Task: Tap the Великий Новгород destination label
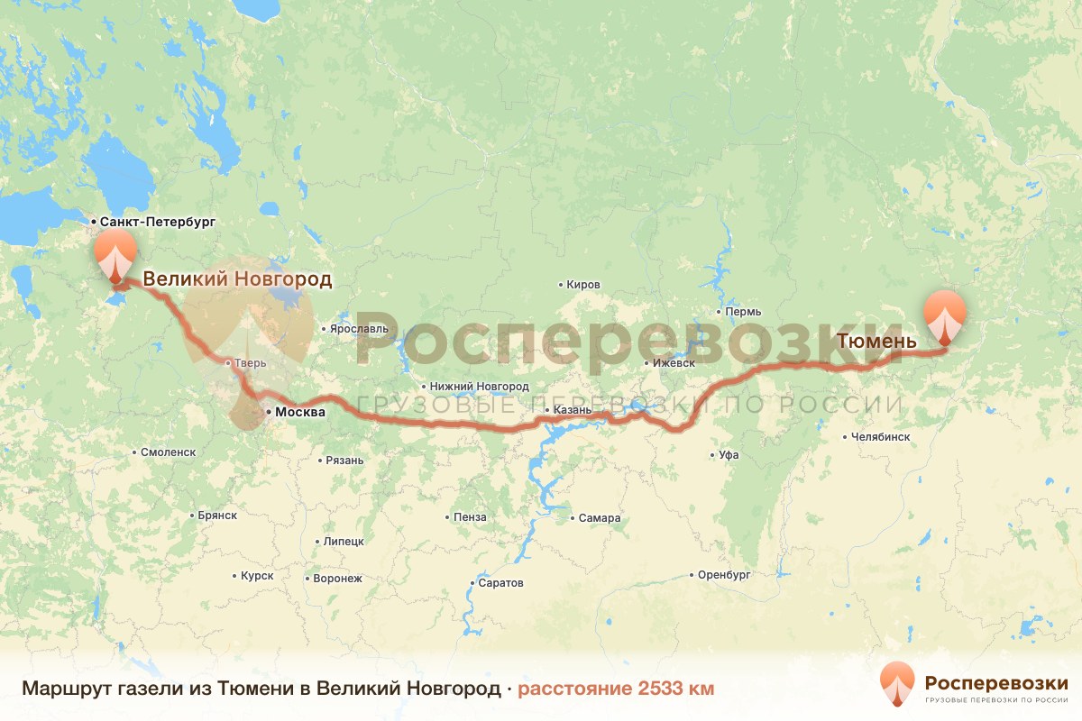click(237, 278)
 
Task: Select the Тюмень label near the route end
click(876, 342)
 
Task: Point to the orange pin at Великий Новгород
click(115, 255)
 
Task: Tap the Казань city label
click(573, 411)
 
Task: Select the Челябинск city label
click(880, 437)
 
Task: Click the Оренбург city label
click(724, 574)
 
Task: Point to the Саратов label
click(500, 583)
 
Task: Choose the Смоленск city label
click(168, 452)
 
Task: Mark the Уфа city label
click(729, 455)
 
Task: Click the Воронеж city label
click(336, 578)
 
